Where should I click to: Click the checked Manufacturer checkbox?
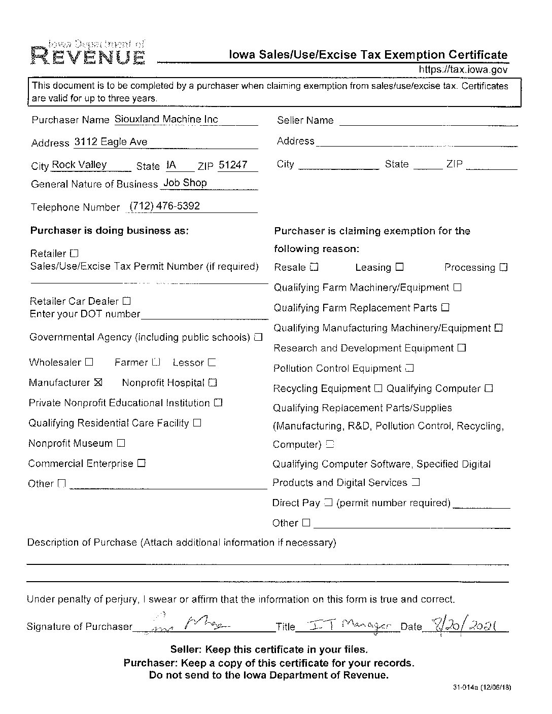click(x=98, y=382)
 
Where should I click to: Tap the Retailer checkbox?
click(x=74, y=253)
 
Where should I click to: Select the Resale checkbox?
click(x=314, y=267)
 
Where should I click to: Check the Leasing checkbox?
click(x=399, y=267)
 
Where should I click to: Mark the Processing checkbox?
click(x=503, y=267)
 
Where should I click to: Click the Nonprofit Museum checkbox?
click(x=121, y=443)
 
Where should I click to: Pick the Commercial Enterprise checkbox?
click(x=141, y=463)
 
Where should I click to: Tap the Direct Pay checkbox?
click(x=328, y=503)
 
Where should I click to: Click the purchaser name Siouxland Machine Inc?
click(x=166, y=119)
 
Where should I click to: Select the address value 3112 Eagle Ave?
click(x=111, y=142)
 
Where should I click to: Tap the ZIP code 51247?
click(x=233, y=165)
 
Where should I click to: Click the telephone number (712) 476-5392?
click(x=165, y=206)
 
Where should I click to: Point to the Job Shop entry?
click(x=185, y=183)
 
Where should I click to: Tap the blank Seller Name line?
click(x=428, y=121)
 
